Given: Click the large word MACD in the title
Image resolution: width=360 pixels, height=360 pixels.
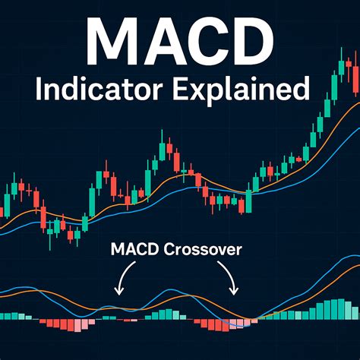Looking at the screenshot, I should [x=179, y=39].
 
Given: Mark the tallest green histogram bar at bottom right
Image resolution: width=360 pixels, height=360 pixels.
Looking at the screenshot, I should [x=347, y=310].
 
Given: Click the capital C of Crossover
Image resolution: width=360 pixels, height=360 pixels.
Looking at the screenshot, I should [x=169, y=248].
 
